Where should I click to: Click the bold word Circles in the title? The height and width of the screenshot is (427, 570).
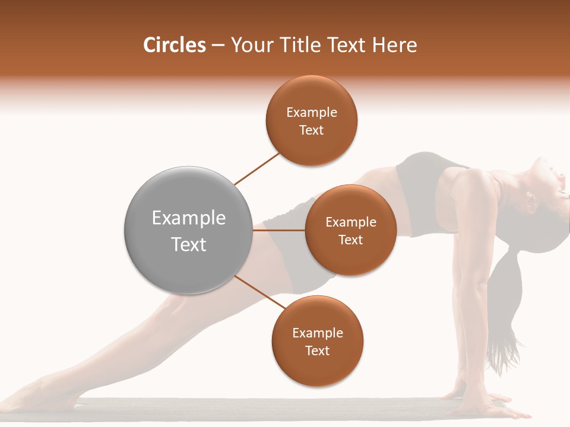click(x=175, y=45)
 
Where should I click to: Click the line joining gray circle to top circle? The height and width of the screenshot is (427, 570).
click(x=257, y=168)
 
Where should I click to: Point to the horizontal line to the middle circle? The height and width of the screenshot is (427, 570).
click(x=278, y=230)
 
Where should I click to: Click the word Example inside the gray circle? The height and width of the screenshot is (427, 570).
click(x=188, y=218)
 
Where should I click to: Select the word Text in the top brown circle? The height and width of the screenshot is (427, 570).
click(x=311, y=130)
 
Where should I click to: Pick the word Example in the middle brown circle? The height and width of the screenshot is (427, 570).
click(x=350, y=222)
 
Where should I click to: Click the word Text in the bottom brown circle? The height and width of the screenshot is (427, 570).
click(x=317, y=351)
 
